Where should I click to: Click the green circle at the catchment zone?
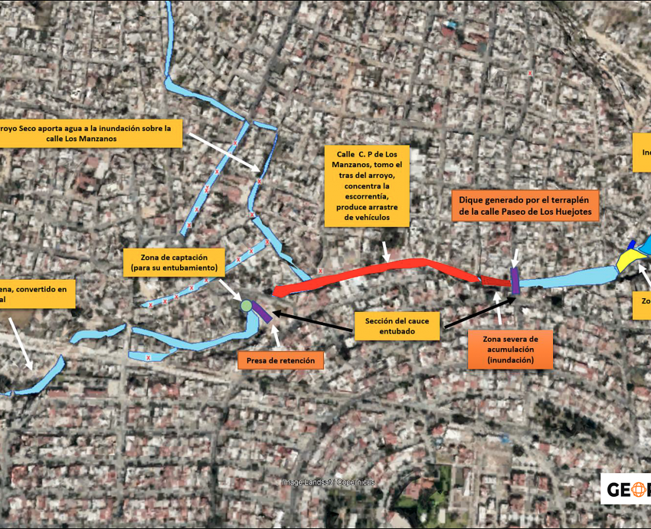pyautogui.click(x=246, y=306)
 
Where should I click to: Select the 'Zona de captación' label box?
pyautogui.click(x=172, y=261)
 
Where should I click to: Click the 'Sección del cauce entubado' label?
pyautogui.click(x=397, y=326)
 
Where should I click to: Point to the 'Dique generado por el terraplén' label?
pyautogui.click(x=525, y=205)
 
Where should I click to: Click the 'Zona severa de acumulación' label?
pyautogui.click(x=511, y=349)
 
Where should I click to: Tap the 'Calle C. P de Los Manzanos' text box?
pyautogui.click(x=367, y=186)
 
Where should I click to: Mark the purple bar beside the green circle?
pyautogui.click(x=263, y=313)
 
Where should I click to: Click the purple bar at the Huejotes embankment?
pyautogui.click(x=515, y=281)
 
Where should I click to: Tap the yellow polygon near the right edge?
pyautogui.click(x=627, y=261)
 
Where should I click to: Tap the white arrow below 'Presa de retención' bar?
pyautogui.click(x=275, y=334)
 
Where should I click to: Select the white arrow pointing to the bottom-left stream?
pyautogui.click(x=20, y=342)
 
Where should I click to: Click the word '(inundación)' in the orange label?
pyautogui.click(x=511, y=360)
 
